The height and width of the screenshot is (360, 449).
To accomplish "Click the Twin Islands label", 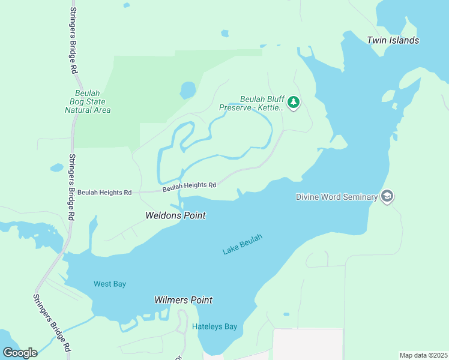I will click(393, 40).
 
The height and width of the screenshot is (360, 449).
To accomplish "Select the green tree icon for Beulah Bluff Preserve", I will click(293, 103).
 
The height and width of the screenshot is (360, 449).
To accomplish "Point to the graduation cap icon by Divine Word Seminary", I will click(387, 196).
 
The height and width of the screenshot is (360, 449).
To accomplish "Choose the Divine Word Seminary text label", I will click(337, 197).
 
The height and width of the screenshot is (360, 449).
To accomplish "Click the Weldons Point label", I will click(175, 215).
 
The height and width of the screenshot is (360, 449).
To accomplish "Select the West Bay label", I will click(110, 284).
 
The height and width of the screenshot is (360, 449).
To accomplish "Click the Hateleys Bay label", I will click(214, 327).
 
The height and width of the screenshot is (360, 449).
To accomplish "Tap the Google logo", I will click(20, 352).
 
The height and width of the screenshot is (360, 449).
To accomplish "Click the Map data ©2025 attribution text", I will click(423, 355).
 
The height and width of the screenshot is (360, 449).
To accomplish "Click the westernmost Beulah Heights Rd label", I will click(104, 193).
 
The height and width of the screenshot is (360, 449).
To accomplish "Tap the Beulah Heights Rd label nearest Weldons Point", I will click(189, 187).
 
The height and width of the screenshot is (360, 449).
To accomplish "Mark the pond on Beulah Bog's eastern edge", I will click(188, 91).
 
